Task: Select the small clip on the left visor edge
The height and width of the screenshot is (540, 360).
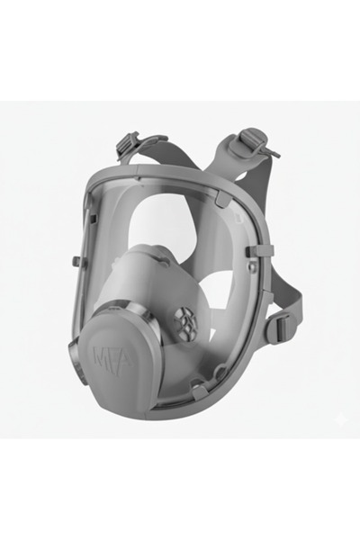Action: pyautogui.click(x=76, y=261)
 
